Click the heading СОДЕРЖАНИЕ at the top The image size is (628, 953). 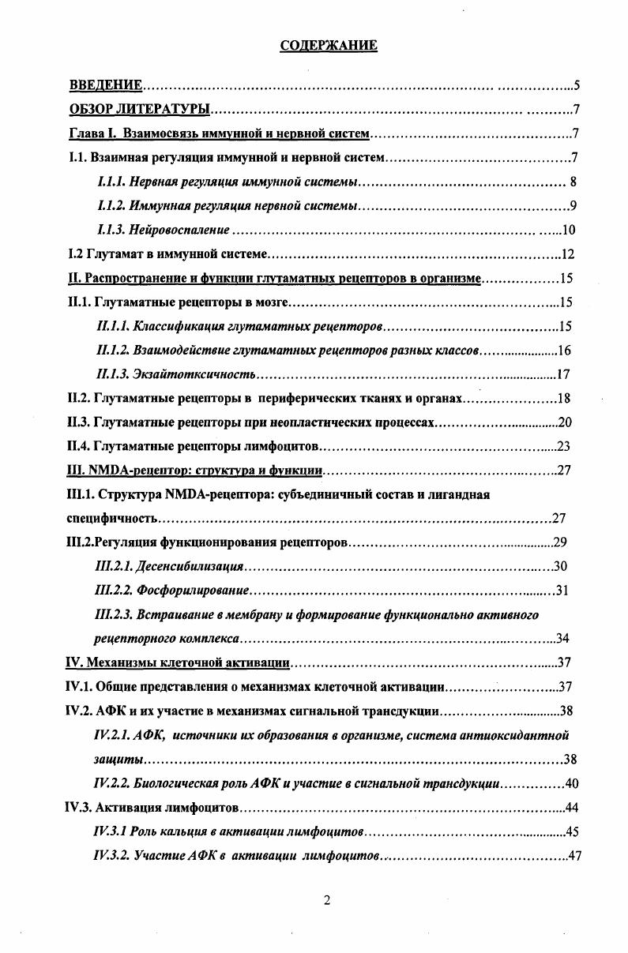329,46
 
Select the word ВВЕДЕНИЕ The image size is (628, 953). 106,85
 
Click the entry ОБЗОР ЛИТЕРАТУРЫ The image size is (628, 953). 139,109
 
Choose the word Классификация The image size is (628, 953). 173,326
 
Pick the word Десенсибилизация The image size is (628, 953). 190,566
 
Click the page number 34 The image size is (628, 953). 563,638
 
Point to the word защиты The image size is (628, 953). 118,759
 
